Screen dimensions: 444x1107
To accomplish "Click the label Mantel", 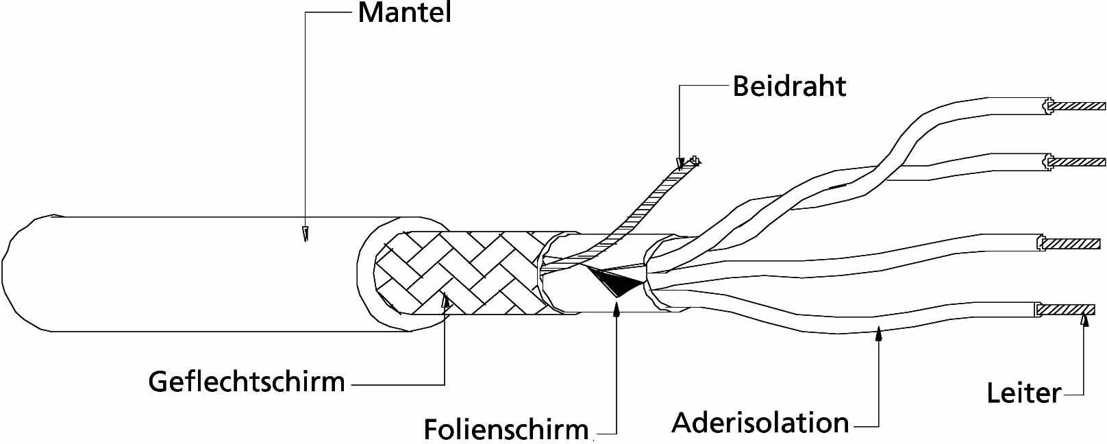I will [x=404, y=12].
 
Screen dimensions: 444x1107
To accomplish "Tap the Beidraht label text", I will [x=789, y=87].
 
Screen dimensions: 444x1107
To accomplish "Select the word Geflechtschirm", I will [x=247, y=381].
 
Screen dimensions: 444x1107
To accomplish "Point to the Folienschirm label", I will [x=506, y=429].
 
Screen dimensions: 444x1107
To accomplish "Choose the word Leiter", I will [x=1023, y=393].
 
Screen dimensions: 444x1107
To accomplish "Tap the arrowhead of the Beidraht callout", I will [x=680, y=164].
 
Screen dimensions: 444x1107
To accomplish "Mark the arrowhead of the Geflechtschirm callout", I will [x=445, y=300].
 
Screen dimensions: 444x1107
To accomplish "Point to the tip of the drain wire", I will [x=695, y=162].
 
